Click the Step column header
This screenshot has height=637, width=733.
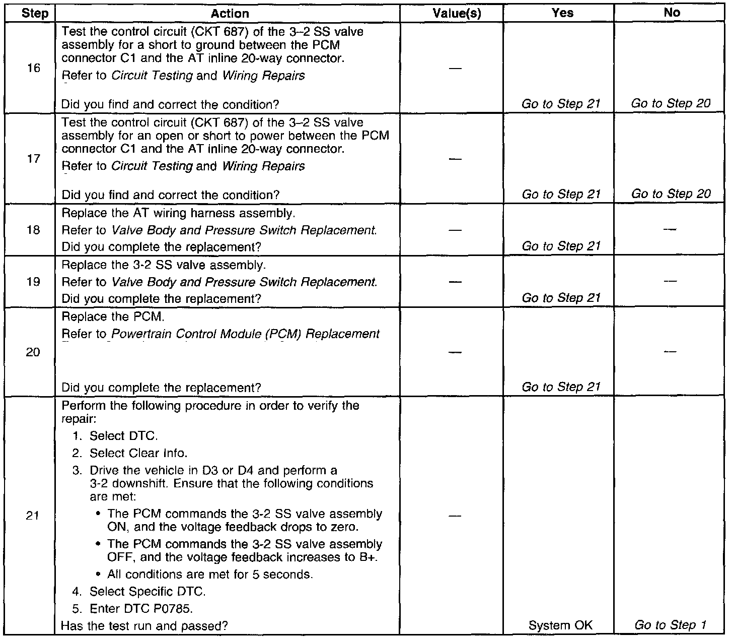coord(35,13)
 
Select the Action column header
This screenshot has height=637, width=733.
coord(230,14)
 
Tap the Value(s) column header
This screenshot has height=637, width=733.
coord(457,14)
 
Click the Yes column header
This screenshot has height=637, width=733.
coord(562,13)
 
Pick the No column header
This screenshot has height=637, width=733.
coord(672,13)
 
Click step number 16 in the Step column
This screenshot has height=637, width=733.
coord(33,68)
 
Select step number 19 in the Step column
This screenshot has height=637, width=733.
coord(33,282)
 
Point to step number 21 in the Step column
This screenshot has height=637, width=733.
coord(33,516)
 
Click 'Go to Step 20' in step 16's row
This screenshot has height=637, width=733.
coord(671,104)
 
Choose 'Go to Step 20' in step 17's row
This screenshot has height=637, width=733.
coord(671,194)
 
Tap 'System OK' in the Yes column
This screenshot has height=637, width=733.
coord(560,625)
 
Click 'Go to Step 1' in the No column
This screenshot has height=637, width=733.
coord(671,625)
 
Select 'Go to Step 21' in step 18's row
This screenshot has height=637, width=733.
coord(561,246)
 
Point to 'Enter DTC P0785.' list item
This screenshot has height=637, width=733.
coord(141,609)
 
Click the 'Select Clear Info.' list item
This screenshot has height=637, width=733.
coord(138,453)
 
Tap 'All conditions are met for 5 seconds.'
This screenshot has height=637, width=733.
coord(210,575)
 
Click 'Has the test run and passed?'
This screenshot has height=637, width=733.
coord(144,626)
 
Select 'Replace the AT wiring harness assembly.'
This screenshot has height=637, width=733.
coord(178,213)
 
